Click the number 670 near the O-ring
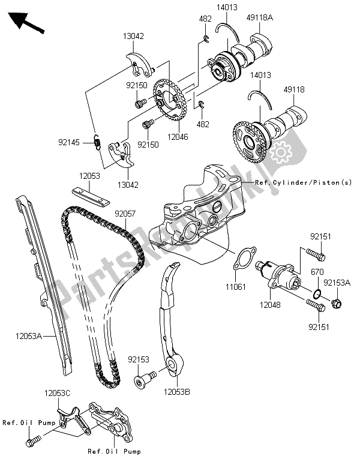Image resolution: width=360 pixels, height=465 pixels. point(316,271)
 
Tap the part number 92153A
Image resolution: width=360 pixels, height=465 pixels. point(337,281)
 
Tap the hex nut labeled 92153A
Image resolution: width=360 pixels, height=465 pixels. point(336,302)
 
